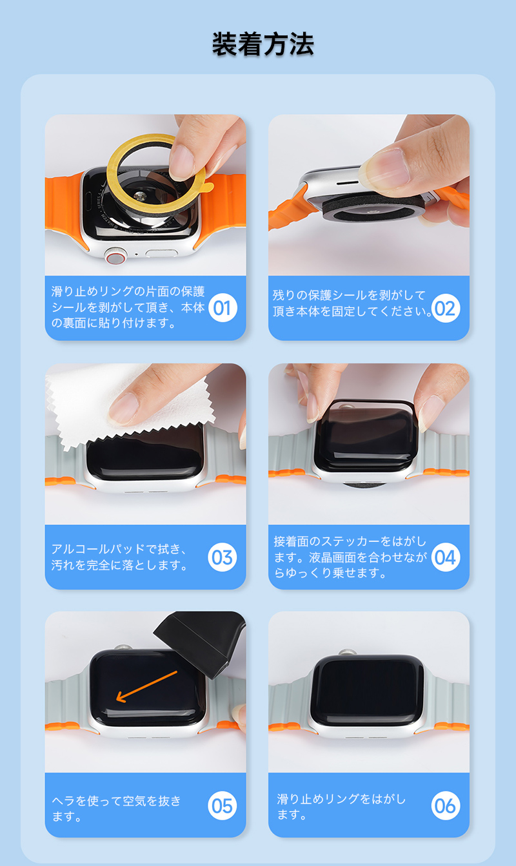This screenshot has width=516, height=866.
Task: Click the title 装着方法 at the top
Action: coord(263,44)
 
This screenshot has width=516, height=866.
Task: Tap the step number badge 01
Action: coord(223,308)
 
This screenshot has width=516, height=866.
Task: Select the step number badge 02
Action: coord(446,308)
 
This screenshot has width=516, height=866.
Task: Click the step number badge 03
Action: coord(222,557)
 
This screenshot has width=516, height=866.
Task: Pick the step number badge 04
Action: coord(446,557)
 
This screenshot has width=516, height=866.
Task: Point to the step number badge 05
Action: coord(222,805)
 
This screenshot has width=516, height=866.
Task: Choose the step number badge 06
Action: coord(446,805)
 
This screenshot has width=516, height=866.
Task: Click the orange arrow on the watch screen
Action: coord(146,686)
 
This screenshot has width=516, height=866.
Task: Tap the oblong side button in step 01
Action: coord(161,253)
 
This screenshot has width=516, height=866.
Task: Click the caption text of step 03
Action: coord(119,557)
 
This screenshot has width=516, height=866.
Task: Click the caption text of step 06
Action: coord(341,806)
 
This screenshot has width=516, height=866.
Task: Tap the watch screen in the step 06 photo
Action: coord(366,690)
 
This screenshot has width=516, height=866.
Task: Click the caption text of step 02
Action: coord(352,303)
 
